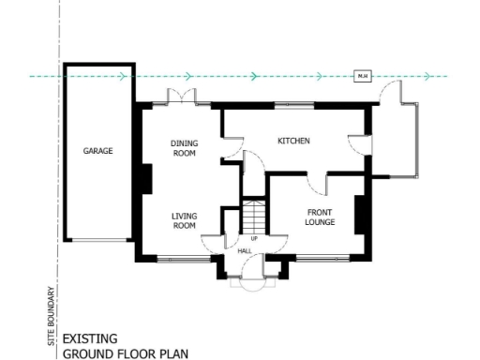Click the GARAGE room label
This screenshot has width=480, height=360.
pyautogui.click(x=97, y=150)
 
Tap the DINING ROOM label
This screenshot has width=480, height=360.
pyautogui.click(x=184, y=148)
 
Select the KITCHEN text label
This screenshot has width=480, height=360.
pyautogui.click(x=293, y=142)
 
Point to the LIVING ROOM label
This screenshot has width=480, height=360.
pyautogui.click(x=184, y=220)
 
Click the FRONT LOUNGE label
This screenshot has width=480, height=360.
pyautogui.click(x=321, y=217)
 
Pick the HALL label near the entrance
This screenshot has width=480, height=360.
pyautogui.click(x=245, y=250)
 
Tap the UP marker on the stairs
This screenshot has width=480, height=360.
pyautogui.click(x=253, y=238)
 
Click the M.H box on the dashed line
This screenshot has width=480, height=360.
pyautogui.click(x=361, y=76)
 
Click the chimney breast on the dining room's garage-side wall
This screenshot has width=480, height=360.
pyautogui.click(x=146, y=177)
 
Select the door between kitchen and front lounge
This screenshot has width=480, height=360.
pyautogui.click(x=316, y=181)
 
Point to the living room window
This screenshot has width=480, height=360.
pyautogui.click(x=178, y=257)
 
